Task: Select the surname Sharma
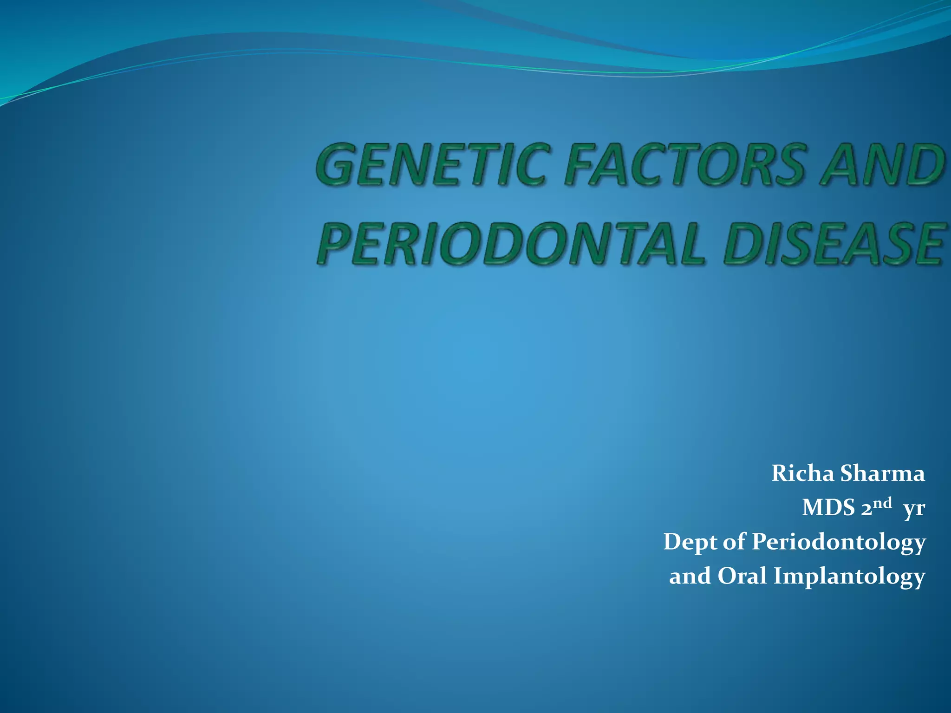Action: (x=882, y=474)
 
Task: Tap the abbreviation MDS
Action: (x=828, y=508)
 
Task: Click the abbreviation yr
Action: (x=914, y=509)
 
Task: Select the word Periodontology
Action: (x=839, y=542)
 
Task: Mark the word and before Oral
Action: (x=690, y=577)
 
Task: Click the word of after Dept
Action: (x=734, y=542)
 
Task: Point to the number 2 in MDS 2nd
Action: (x=866, y=509)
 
